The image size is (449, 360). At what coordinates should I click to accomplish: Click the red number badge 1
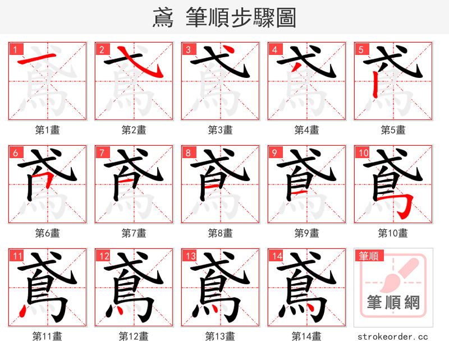[x=14, y=49]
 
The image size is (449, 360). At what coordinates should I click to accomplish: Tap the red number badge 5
[x=360, y=49]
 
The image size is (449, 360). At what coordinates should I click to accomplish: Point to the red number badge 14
[x=276, y=256]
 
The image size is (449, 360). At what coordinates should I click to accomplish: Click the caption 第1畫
[x=48, y=130]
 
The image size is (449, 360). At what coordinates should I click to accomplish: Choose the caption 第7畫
[x=134, y=233]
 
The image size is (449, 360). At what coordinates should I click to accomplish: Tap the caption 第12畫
[x=134, y=336]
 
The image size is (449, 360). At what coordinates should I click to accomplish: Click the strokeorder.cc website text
[x=393, y=336]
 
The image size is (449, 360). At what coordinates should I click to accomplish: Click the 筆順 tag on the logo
[x=369, y=256]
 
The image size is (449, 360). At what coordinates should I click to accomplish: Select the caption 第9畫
[x=307, y=233]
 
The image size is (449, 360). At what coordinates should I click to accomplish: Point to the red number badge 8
[x=187, y=153]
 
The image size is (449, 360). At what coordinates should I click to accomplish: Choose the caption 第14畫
[x=307, y=336]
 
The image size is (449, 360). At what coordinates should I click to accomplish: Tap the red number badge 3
[x=187, y=49]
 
